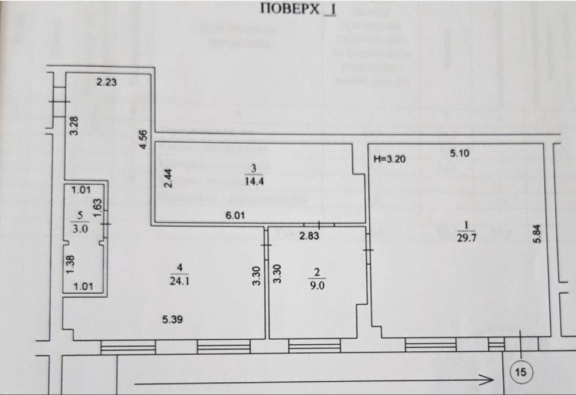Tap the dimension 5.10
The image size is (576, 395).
click(x=460, y=153)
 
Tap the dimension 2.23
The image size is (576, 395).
click(x=107, y=82)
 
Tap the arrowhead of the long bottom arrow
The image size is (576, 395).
click(x=490, y=380)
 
